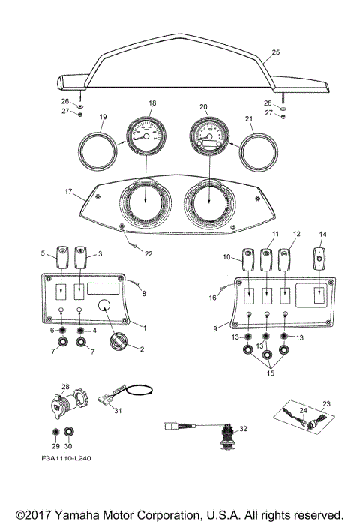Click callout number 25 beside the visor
pyautogui.click(x=275, y=52)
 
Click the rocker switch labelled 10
pyautogui.click(x=247, y=263)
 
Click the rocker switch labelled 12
pyautogui.click(x=284, y=261)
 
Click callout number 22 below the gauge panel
pyautogui.click(x=148, y=254)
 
